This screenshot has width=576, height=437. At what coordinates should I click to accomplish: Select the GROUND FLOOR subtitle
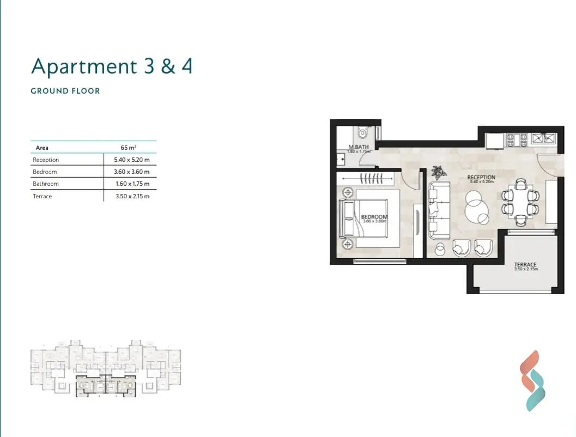click(x=65, y=91)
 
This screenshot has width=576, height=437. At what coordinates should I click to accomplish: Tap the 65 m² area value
click(x=128, y=148)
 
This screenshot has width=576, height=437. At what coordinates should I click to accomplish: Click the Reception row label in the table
click(x=46, y=160)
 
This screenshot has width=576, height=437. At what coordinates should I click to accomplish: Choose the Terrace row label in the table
click(x=43, y=196)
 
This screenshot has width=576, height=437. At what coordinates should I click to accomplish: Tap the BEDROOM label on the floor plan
click(x=374, y=217)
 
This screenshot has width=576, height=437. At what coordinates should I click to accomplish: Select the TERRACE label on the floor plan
click(x=525, y=265)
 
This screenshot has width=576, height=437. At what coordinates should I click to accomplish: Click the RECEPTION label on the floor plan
click(x=481, y=178)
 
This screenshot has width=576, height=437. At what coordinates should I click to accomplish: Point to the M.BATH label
click(x=359, y=147)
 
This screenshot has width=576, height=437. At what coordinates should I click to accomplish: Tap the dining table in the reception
click(x=520, y=202)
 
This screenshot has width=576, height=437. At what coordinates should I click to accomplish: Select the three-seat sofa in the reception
click(x=438, y=210)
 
